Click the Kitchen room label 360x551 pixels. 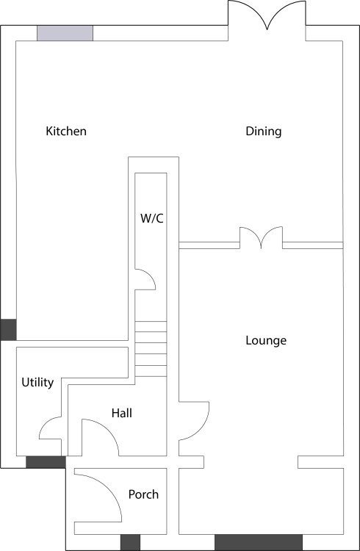tap(66, 131)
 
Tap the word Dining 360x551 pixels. tap(263, 132)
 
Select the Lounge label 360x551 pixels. tap(266, 340)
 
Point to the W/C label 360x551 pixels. tap(152, 218)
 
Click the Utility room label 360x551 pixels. tap(37, 382)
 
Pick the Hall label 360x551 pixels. tap(122, 413)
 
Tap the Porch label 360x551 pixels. tap(143, 494)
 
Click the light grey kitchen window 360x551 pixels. tap(65, 33)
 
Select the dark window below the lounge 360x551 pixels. tap(259, 542)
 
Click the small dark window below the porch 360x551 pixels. tap(131, 542)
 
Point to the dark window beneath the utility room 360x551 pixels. tap(46, 462)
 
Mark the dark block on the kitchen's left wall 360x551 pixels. tap(8, 330)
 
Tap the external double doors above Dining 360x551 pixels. tap(267, 14)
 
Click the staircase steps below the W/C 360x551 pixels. tap(151, 348)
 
